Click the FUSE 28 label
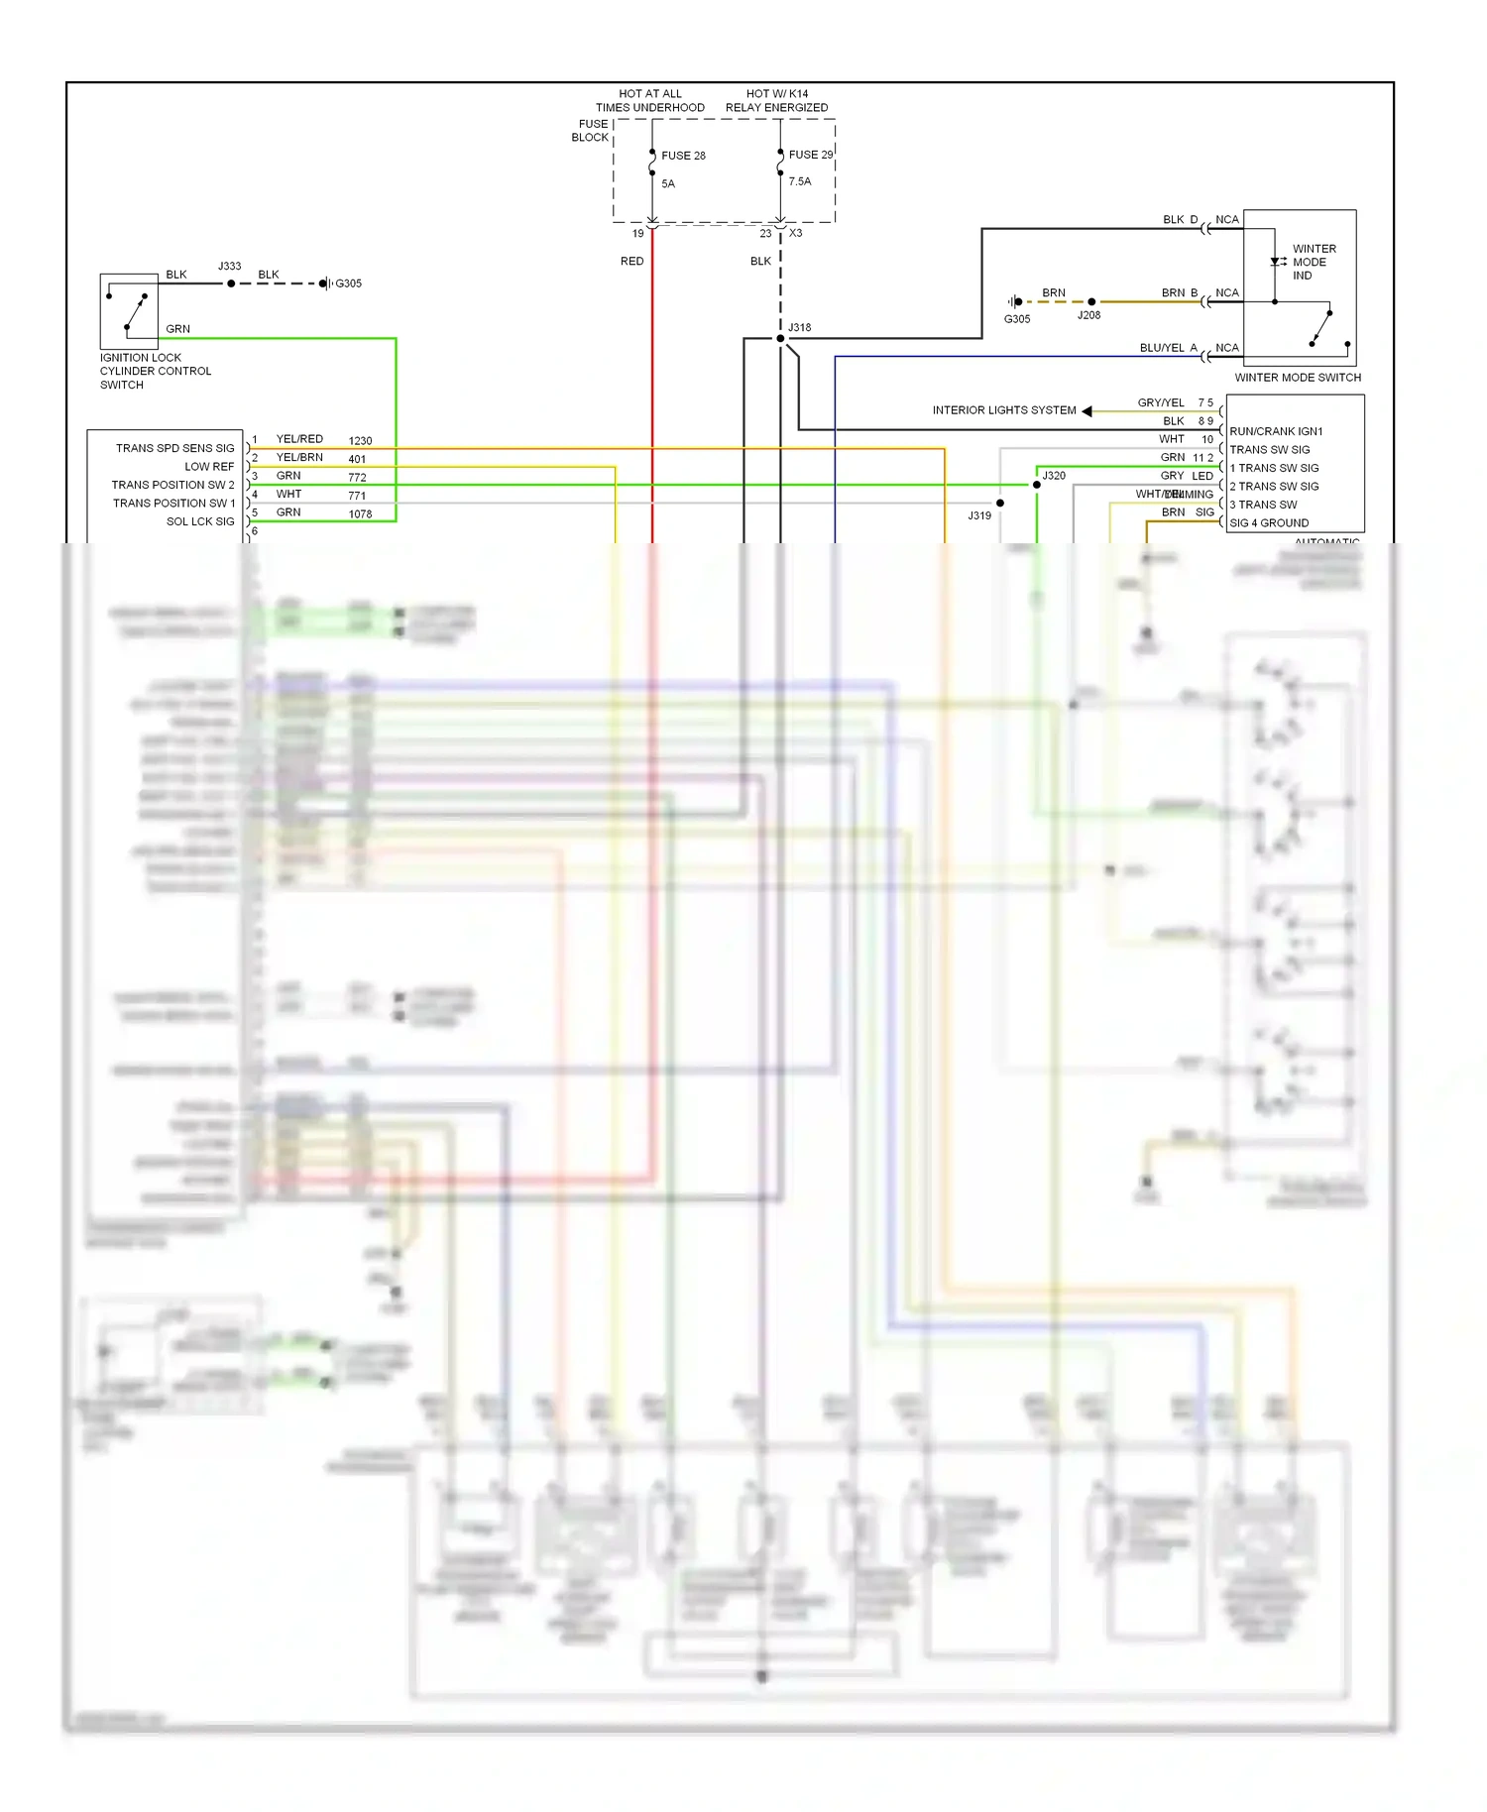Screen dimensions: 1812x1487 pos(683,156)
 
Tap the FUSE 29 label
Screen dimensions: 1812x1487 pos(810,155)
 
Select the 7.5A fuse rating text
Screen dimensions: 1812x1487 pos(799,181)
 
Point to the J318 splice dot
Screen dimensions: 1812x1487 pos(780,339)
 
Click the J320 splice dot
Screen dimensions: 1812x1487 pos(1037,485)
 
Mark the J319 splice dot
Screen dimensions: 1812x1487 pos(1000,504)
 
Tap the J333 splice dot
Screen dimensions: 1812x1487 pos(231,283)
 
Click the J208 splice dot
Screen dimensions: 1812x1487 pos(1091,301)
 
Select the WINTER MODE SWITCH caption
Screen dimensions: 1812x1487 pos(1297,378)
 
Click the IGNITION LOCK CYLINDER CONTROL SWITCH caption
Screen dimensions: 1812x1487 pos(155,372)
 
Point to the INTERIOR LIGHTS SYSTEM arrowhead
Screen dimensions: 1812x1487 pos(1087,410)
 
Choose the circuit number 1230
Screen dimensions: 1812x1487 pos(360,441)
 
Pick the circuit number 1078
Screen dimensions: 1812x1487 pos(360,514)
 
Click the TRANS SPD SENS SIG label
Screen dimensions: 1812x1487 pos(174,448)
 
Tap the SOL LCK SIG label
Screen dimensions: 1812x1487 pos(200,521)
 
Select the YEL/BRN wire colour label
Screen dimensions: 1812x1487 pos(299,458)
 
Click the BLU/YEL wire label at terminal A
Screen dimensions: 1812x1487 pos(1162,348)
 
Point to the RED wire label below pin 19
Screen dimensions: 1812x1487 pos(631,262)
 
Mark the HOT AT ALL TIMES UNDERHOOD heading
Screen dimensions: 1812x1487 pos(649,101)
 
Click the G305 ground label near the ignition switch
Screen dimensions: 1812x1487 pos(348,283)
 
